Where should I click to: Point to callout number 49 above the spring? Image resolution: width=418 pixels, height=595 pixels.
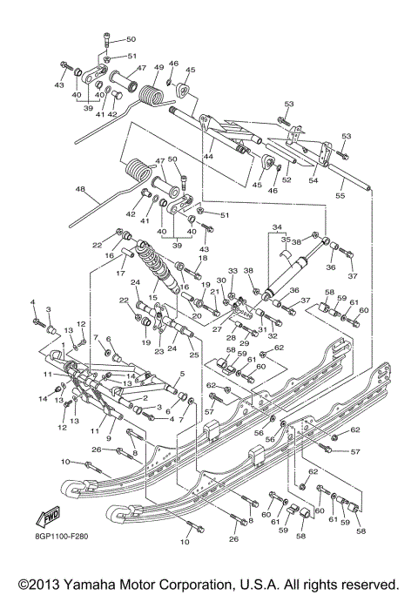tap(159, 68)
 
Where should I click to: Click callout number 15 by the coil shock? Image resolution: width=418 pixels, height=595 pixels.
tap(152, 298)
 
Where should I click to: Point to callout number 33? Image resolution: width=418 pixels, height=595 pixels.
tap(233, 272)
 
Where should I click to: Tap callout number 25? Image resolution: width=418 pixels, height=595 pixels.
tap(193, 356)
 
